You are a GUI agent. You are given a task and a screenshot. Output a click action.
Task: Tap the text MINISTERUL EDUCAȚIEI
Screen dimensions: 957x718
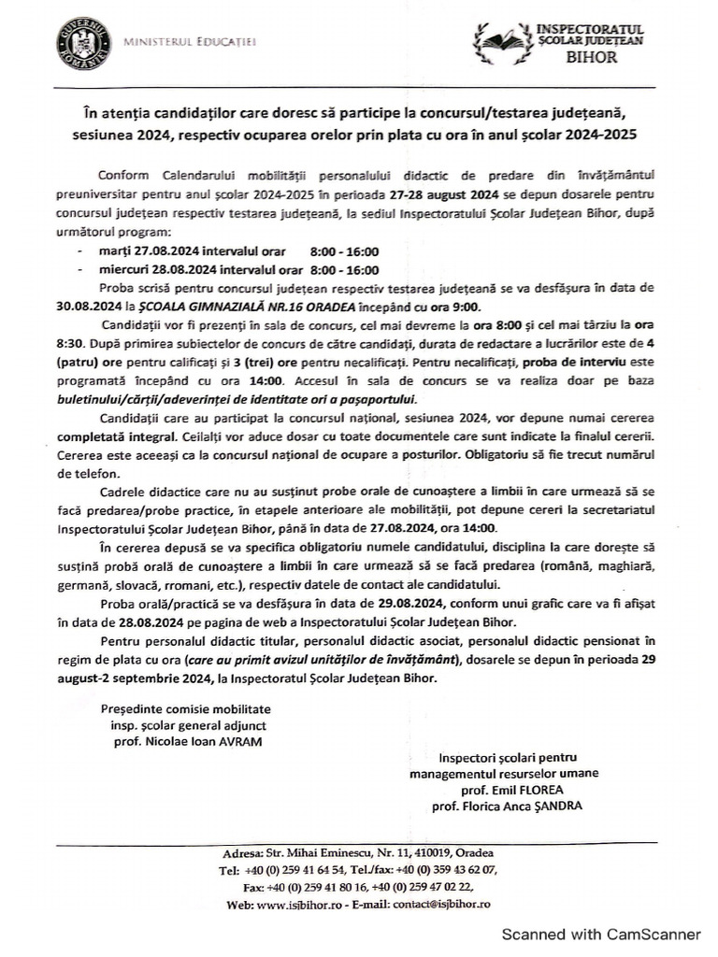190,42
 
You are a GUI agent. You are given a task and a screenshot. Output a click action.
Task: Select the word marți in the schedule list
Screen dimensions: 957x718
111,252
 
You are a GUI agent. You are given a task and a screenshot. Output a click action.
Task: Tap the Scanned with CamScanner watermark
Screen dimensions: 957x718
602,934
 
